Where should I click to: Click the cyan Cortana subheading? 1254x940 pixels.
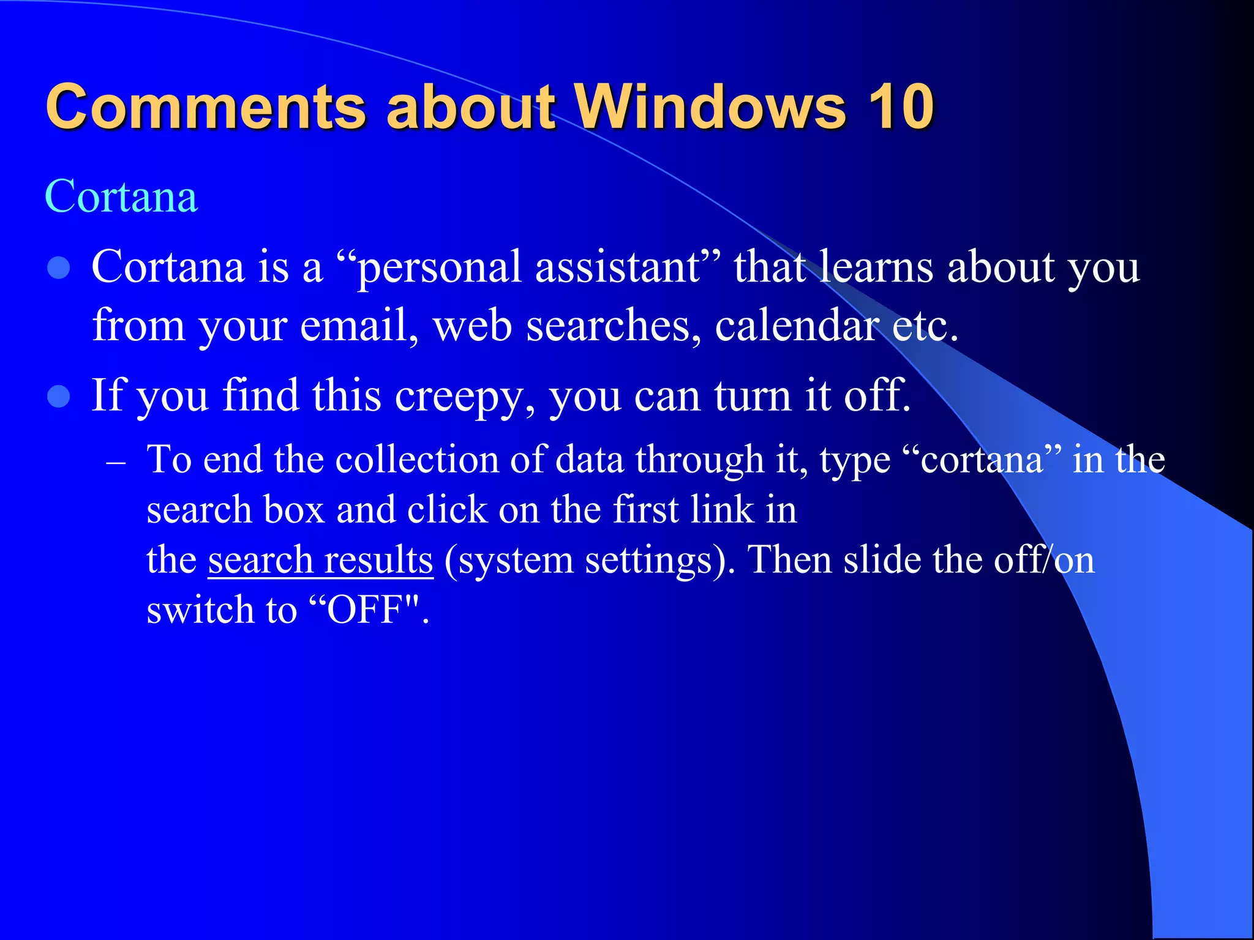tap(121, 196)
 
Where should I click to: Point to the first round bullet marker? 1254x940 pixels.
tap(59, 268)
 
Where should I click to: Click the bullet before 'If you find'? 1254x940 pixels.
tap(59, 397)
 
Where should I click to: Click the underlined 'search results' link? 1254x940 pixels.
tap(320, 559)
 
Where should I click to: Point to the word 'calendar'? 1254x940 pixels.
tap(796, 326)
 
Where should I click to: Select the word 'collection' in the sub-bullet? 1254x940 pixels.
tap(417, 460)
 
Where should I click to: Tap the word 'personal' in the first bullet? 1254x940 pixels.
tap(438, 268)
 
